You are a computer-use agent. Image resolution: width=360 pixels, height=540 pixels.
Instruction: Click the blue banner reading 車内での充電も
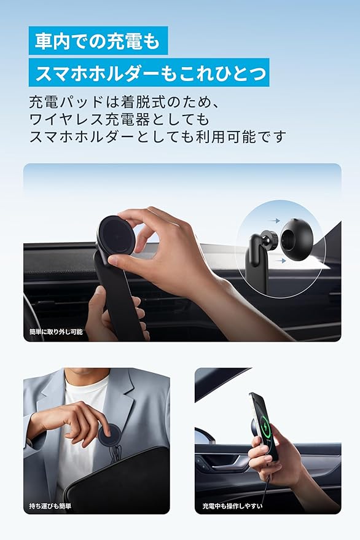[98, 41]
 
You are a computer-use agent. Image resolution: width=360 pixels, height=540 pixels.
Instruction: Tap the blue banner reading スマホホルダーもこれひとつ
[149, 72]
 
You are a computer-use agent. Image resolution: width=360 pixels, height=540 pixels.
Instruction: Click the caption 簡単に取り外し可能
[56, 332]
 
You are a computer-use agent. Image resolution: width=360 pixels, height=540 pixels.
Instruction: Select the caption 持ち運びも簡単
[50, 506]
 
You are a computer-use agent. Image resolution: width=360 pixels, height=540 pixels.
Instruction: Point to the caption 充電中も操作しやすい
[232, 506]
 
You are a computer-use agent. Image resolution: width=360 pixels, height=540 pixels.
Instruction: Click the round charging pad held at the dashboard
[115, 235]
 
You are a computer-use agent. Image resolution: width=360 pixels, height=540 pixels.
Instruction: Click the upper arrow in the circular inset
[274, 221]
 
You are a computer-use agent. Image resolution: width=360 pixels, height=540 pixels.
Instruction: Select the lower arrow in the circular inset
[281, 260]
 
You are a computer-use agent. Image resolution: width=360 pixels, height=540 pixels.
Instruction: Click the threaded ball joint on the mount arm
[268, 237]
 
